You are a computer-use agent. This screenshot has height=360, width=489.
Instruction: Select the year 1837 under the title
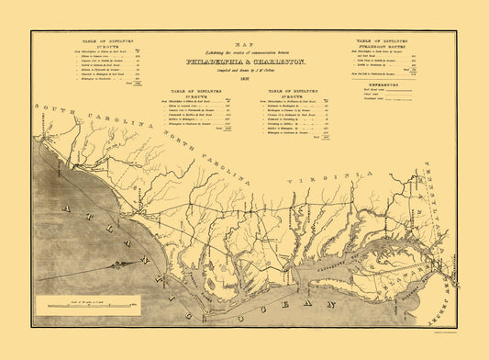[243, 80]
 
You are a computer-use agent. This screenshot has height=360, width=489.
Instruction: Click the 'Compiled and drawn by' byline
[243, 72]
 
